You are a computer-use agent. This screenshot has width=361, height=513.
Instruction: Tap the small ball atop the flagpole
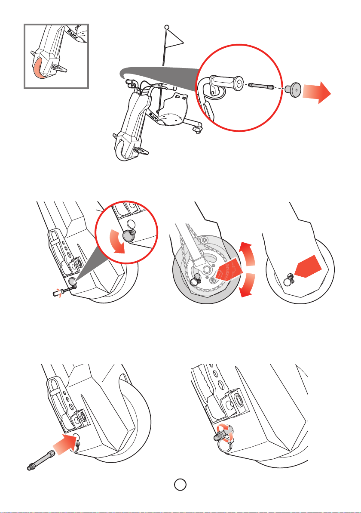(x=167, y=27)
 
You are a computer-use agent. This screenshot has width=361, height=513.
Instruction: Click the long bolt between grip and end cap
(x=261, y=87)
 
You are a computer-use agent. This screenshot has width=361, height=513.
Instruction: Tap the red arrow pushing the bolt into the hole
(x=65, y=443)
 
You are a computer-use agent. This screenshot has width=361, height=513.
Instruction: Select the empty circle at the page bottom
(x=180, y=484)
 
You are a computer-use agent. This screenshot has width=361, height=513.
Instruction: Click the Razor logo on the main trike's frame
(x=154, y=117)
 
